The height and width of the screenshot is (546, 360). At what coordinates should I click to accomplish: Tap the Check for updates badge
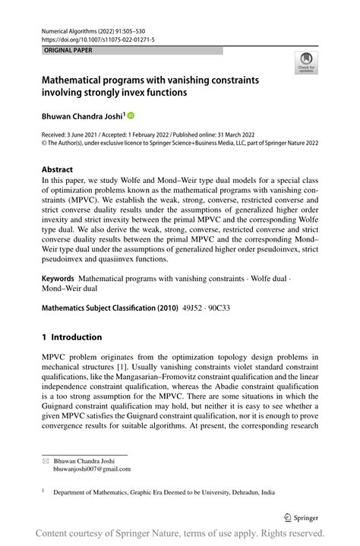pyautogui.click(x=308, y=63)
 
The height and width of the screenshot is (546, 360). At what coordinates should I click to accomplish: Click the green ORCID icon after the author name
pyautogui.click(x=131, y=115)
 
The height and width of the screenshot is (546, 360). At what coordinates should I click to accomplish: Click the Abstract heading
pyautogui.click(x=58, y=169)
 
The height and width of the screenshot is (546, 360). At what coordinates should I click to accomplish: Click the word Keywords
pyautogui.click(x=58, y=279)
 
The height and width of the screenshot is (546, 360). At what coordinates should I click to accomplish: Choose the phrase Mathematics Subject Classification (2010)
pyautogui.click(x=109, y=308)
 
